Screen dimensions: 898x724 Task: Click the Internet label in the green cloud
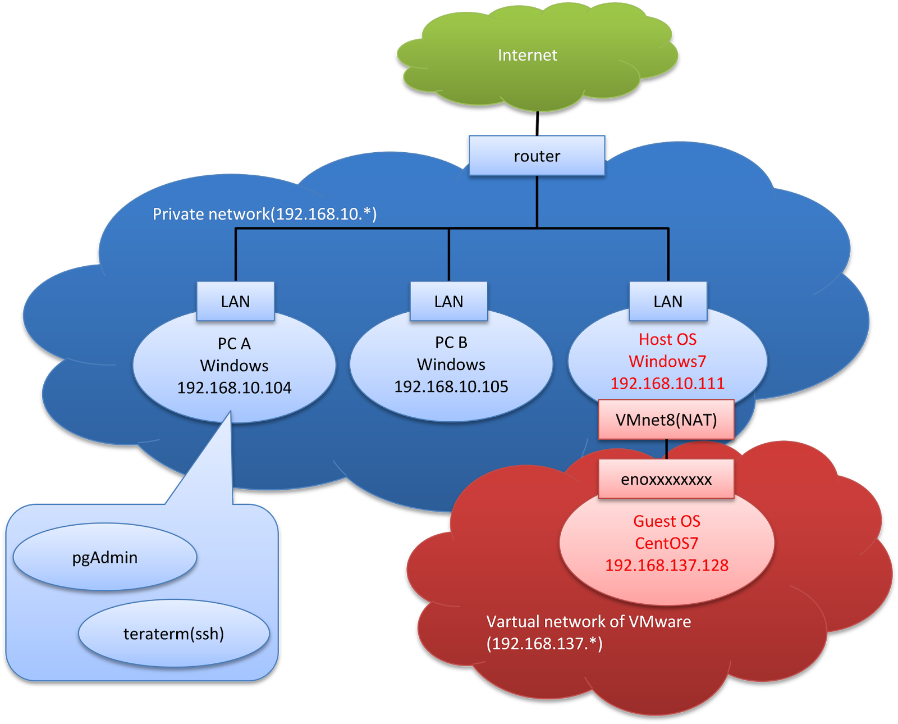point(528,55)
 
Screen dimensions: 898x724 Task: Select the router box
point(537,156)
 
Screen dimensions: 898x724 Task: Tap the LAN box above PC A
point(235,301)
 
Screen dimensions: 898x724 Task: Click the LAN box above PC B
point(448,301)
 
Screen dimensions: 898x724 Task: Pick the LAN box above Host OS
point(668,301)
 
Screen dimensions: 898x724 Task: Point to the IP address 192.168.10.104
point(234,388)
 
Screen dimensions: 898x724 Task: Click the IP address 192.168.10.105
point(451,386)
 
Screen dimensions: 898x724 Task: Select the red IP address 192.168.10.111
point(667,383)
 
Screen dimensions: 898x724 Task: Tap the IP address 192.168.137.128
point(667,565)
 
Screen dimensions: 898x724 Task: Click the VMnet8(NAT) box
point(666,420)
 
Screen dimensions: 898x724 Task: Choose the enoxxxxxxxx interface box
point(666,479)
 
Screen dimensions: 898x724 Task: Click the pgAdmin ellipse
point(105,557)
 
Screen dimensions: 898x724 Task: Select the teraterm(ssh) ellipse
point(173,634)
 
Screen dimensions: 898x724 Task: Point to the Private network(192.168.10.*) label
point(264,214)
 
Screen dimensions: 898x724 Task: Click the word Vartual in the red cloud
point(513,622)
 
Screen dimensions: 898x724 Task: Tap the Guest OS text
point(667,521)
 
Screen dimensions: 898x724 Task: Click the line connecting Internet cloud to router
point(537,124)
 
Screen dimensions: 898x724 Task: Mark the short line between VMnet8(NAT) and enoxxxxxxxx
point(666,449)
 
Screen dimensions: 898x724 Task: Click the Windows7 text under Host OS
point(667,361)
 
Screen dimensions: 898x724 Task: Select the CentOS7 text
point(666,543)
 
